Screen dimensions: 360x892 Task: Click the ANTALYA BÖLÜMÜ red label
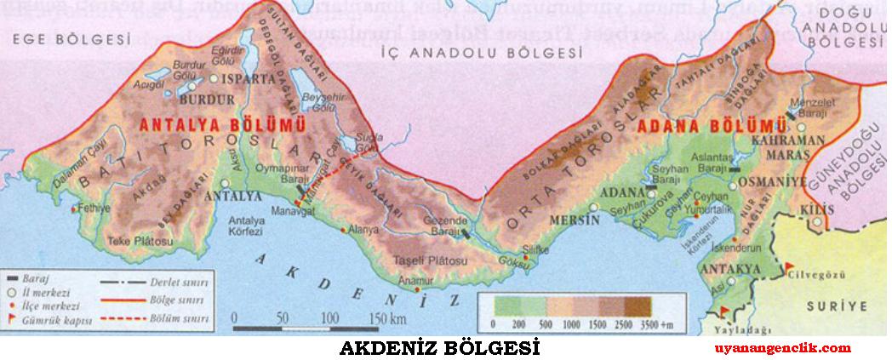pyautogui.click(x=201, y=125)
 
